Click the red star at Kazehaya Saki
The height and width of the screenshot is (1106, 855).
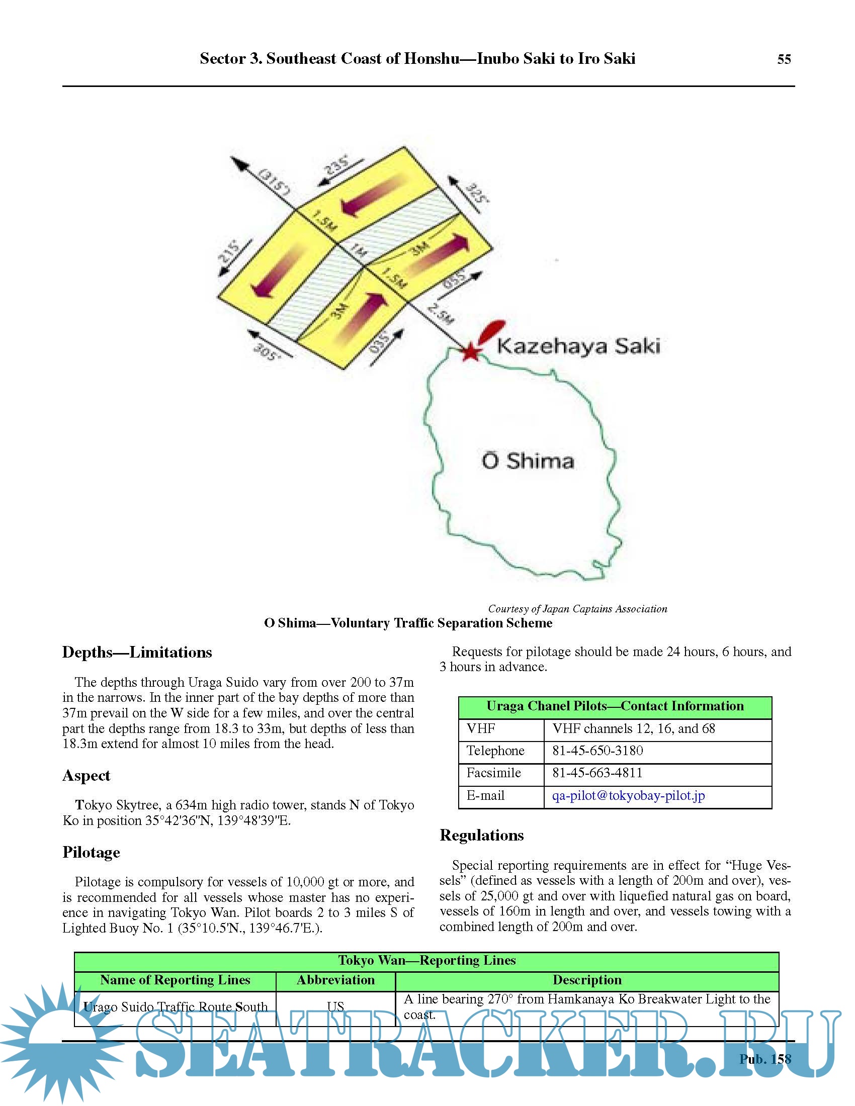click(471, 351)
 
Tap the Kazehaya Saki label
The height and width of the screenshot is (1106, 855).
click(578, 346)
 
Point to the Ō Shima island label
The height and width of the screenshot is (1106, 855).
click(527, 461)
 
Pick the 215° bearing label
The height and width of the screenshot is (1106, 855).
click(229, 252)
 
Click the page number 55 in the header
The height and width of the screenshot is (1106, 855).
click(784, 59)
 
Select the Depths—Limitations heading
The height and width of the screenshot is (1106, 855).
click(137, 652)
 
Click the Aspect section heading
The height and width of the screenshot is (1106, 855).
click(86, 775)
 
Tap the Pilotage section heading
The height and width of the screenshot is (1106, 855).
click(91, 852)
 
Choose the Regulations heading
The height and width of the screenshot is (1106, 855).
click(481, 835)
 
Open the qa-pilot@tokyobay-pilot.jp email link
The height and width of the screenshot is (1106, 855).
click(628, 796)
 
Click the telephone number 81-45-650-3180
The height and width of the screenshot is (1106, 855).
click(597, 751)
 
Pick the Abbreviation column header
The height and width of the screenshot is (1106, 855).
click(335, 980)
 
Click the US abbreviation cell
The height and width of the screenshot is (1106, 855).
click(335, 1007)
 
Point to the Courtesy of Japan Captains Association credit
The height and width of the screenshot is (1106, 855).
click(577, 609)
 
